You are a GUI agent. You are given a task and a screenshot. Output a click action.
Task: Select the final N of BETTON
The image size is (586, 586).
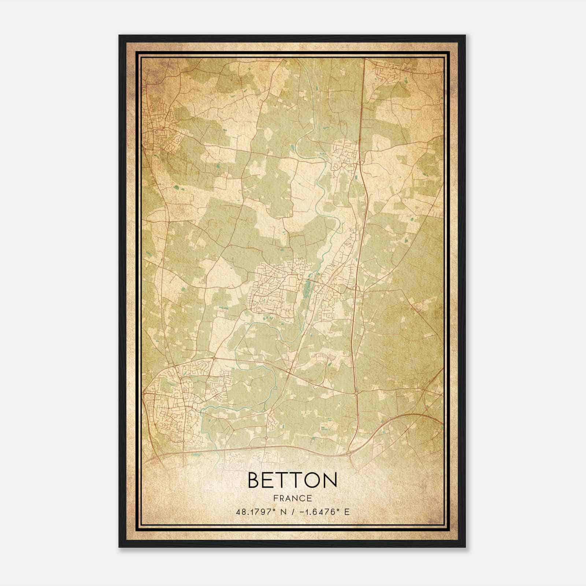click(330, 480)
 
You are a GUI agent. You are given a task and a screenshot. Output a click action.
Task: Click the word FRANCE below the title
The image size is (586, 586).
click(292, 498)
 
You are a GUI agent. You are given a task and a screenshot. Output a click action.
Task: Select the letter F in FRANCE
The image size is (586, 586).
click(275, 498)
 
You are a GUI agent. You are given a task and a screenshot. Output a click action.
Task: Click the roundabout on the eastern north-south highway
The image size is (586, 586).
click(356, 393)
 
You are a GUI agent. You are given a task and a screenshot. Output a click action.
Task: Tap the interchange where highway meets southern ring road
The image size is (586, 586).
click(350, 453)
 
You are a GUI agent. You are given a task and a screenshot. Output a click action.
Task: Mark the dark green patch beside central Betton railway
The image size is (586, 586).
click(307, 289)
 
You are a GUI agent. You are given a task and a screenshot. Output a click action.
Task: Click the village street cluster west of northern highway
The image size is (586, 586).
click(344, 154)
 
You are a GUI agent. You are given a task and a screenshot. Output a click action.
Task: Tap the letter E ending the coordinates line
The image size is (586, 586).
click(347, 512)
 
